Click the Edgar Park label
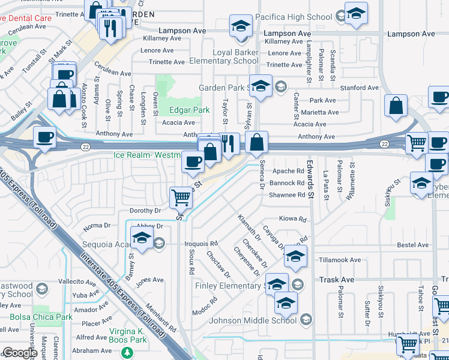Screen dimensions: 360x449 pos(190,110)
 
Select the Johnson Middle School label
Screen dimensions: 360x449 pos(253,320)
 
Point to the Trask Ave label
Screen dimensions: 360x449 pos(337,280)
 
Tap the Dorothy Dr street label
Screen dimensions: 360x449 pos(145,211)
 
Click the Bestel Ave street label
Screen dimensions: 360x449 pos(412,245)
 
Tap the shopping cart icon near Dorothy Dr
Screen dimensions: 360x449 pos(181,197)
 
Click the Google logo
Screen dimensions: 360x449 pos(20,353)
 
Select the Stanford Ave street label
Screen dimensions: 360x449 pos(360,88)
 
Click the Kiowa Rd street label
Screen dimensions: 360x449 pos(293,219)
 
